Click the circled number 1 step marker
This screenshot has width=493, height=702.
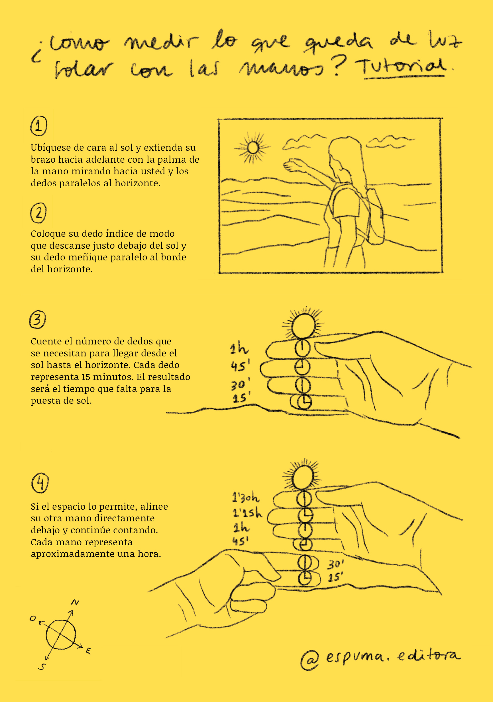click(38, 126)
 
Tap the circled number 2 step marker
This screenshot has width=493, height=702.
click(38, 213)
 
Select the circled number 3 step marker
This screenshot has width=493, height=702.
click(37, 319)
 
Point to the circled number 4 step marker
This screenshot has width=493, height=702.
click(40, 483)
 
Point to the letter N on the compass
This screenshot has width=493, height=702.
click(75, 603)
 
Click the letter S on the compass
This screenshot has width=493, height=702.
click(42, 667)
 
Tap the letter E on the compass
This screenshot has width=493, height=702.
click(88, 651)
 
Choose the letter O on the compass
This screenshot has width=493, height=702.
click(33, 619)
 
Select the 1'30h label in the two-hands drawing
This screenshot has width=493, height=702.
click(246, 498)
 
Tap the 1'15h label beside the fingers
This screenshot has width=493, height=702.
click(247, 513)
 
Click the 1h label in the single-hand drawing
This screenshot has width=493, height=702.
click(239, 348)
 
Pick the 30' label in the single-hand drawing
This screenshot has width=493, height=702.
click(241, 385)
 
